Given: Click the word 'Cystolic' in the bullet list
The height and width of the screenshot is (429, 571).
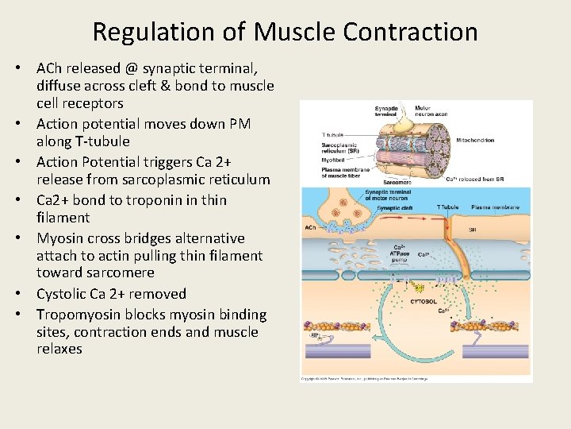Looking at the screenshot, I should coord(63,293).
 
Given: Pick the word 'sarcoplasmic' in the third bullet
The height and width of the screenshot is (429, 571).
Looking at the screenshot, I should coord(181,180).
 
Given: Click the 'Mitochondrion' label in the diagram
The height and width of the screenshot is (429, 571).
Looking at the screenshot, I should coord(476,141).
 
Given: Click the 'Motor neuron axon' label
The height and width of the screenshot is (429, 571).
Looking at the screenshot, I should coord(431,111).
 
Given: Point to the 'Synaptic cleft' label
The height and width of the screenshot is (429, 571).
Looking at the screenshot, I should coord(394,208).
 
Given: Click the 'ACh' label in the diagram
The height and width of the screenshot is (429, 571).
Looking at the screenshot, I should coord(311,227).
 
